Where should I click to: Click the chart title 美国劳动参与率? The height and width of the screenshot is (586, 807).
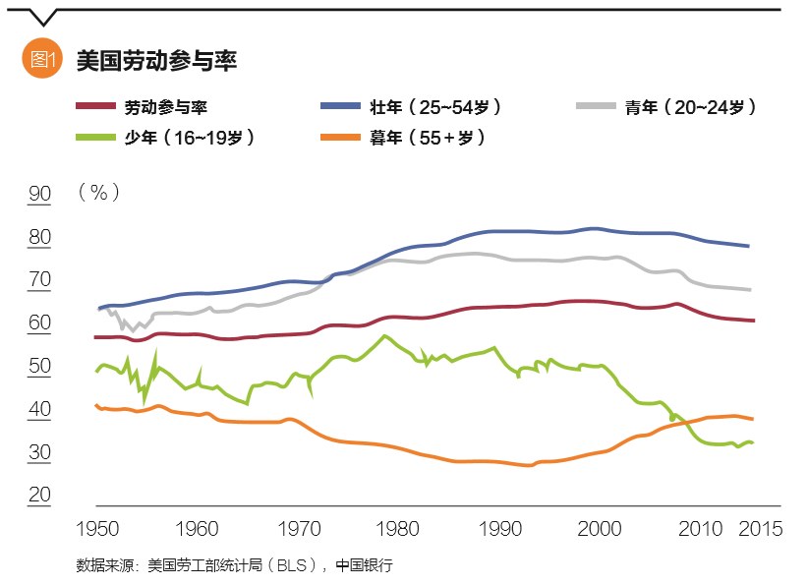tap(156, 60)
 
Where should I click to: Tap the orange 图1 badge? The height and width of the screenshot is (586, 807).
tap(41, 59)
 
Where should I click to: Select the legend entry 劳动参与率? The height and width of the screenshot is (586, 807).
tap(166, 107)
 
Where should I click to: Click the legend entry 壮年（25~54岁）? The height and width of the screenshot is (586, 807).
tap(441, 107)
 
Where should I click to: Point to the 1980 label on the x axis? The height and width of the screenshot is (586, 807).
tap(397, 529)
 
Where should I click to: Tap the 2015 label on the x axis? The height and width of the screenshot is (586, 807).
tap(759, 529)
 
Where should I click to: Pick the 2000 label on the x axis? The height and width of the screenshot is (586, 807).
tap(598, 529)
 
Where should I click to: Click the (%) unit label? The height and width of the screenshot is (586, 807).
tap(98, 192)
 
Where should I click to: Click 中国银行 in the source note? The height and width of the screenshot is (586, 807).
tap(364, 565)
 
